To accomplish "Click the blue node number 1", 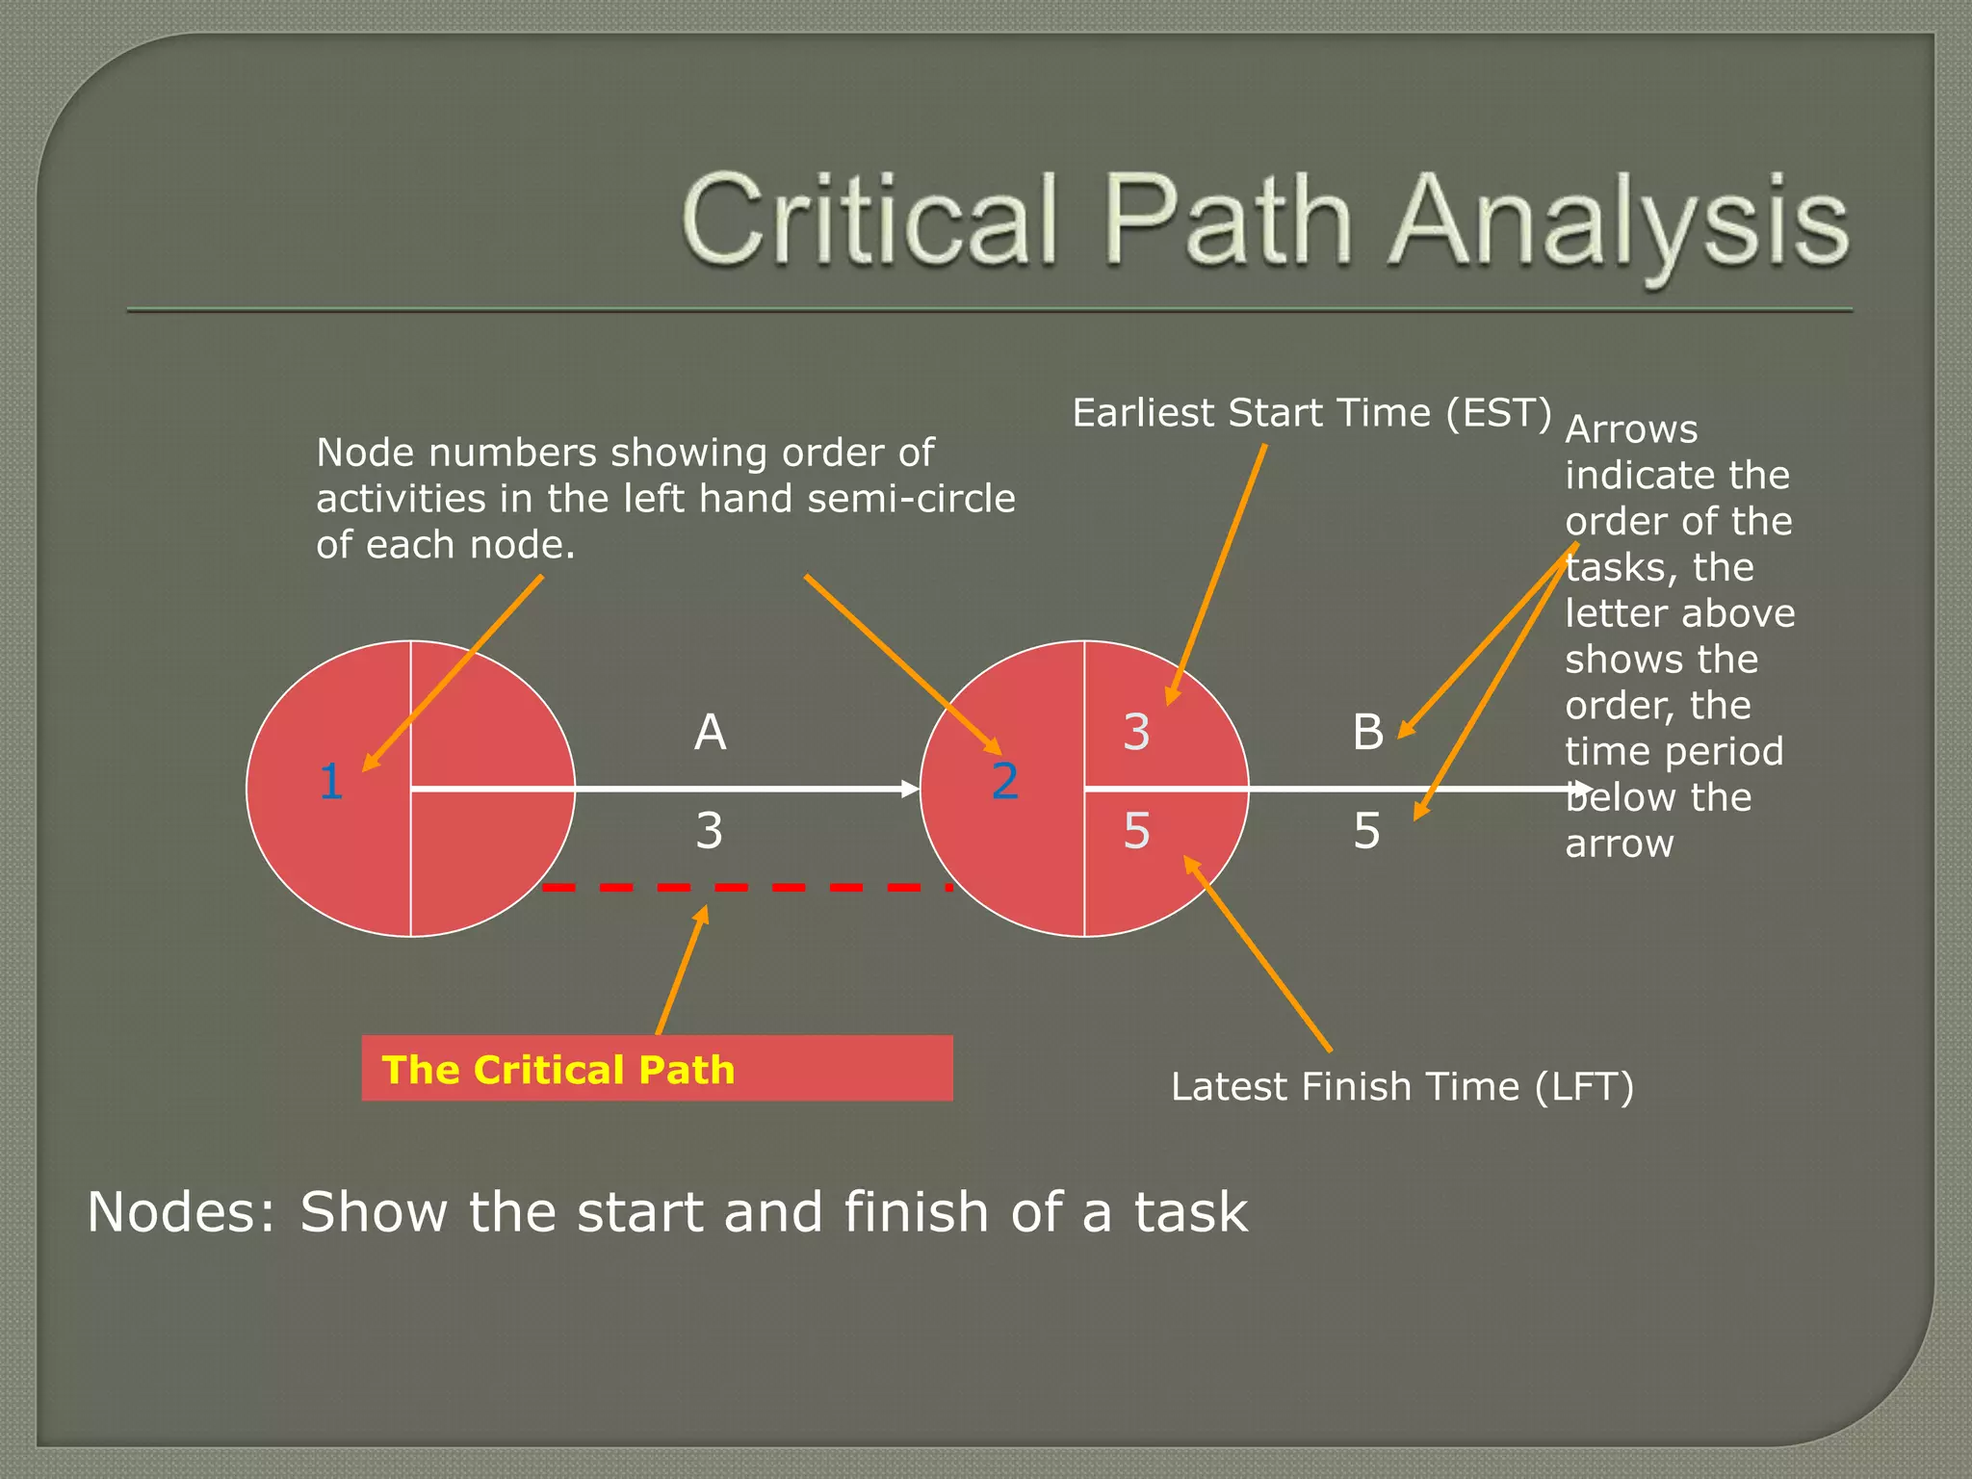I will coord(331,781).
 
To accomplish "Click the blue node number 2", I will coord(1004,781).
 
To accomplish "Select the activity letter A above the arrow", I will coord(710,733).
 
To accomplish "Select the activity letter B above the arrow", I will coord(1367,733).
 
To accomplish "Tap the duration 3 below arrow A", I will coord(710,830).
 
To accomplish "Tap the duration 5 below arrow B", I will coord(1366,831).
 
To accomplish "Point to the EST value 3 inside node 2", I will coord(1136,733).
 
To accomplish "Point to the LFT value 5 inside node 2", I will coord(1136,831).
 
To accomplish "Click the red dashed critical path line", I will coord(746,887).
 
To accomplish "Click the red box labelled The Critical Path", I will coord(657,1068).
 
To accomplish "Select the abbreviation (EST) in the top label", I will coord(1498,413).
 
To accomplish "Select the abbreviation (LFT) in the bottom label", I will coord(1583,1087).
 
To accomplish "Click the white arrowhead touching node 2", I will coord(909,789).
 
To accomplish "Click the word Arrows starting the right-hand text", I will coord(1630,429).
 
